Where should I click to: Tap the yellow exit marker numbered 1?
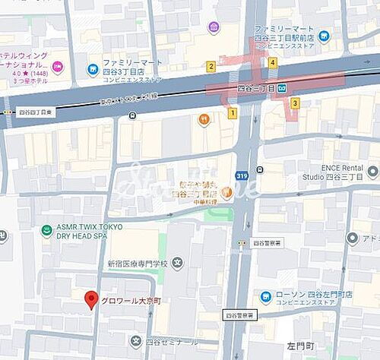pos(233,113)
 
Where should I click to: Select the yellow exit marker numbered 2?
pos(211,66)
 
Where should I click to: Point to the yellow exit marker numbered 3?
pos(294,103)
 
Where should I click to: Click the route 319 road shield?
pos(242,175)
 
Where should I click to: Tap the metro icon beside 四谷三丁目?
pos(282,88)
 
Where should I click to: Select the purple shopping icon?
pos(214,27)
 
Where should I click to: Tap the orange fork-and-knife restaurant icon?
pos(204,118)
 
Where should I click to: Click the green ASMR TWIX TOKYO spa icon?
pos(47,231)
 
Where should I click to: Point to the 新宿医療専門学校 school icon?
pos(177,264)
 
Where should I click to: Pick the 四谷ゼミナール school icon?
pos(135,341)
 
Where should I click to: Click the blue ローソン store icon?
pos(266,297)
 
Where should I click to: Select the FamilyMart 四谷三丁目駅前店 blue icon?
pos(325,35)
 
